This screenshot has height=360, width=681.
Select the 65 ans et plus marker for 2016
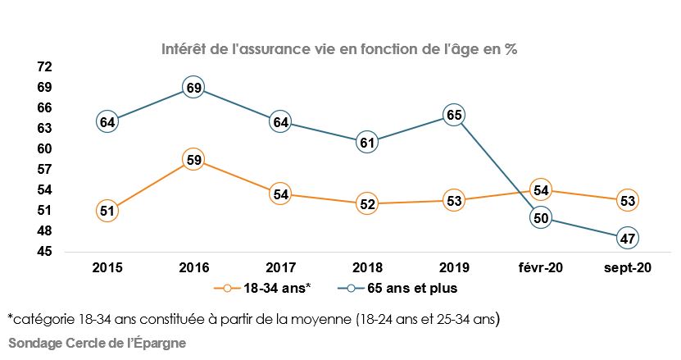(x=193, y=87)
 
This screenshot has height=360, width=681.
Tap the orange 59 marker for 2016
(x=193, y=160)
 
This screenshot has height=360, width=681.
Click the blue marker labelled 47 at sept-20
(x=628, y=238)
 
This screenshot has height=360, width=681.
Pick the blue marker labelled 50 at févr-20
(x=540, y=217)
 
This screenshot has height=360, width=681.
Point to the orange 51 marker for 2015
(x=107, y=210)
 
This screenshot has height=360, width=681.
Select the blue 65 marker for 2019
(x=453, y=115)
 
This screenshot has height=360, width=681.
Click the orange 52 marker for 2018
(x=366, y=204)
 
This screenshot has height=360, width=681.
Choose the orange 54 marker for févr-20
(x=540, y=190)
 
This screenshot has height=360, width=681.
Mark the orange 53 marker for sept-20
(x=628, y=200)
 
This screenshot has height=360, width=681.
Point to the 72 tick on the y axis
(x=44, y=66)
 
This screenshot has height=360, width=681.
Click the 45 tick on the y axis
(x=44, y=251)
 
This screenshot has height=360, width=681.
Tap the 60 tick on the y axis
(x=44, y=148)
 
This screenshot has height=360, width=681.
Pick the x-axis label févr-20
(x=540, y=267)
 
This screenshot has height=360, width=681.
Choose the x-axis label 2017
(x=280, y=267)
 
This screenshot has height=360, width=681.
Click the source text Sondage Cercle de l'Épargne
(x=97, y=343)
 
